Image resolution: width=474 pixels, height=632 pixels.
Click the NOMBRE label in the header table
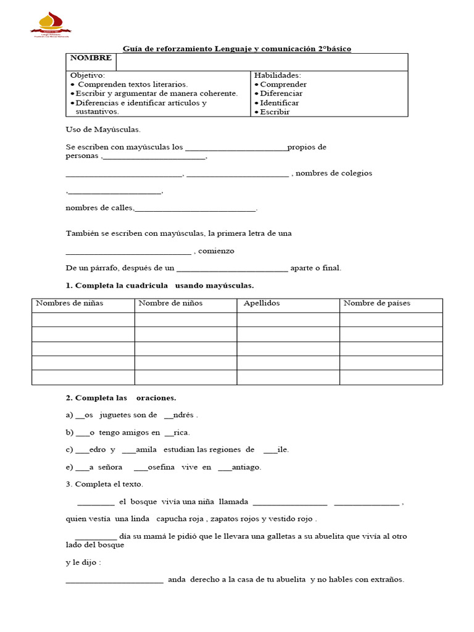pos(91,58)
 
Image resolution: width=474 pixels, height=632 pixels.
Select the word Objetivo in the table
pos(87,75)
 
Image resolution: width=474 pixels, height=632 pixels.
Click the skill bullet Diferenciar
pos(281,93)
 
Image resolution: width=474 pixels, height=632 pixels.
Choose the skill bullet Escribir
pos(275,112)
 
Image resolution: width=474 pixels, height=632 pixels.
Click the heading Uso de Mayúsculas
pos(103,130)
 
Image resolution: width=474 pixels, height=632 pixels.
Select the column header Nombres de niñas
pos(70,303)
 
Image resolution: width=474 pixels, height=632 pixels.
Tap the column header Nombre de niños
pos(170,303)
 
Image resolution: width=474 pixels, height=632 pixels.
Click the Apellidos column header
pos(262,303)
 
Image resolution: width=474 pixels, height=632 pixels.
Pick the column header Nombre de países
pos(376,303)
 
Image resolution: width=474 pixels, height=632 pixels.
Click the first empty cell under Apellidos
pos(288,320)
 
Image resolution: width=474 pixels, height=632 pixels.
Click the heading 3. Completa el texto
pos(104,484)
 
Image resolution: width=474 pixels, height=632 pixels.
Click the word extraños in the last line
pos(385,580)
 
